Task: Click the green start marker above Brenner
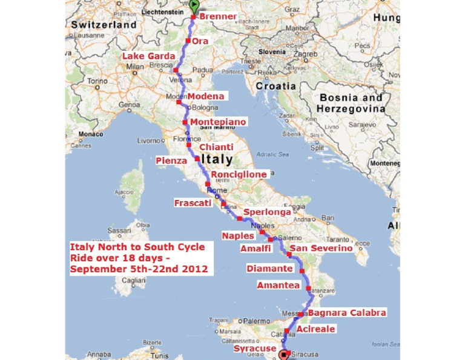coord(194,7)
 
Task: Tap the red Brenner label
coord(217,16)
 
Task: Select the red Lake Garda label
coord(148,56)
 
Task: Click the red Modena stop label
coord(206,96)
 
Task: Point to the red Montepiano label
coord(218,122)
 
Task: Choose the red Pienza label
coord(171,161)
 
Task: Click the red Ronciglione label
coord(239,175)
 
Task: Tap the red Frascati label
coord(193,203)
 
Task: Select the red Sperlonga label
coord(267,213)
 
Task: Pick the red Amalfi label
coord(255,248)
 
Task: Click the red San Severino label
coord(321,248)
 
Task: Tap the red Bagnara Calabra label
coord(347,313)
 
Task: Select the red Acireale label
coord(315,329)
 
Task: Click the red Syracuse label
coord(255,348)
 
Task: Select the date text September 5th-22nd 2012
coord(139,268)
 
